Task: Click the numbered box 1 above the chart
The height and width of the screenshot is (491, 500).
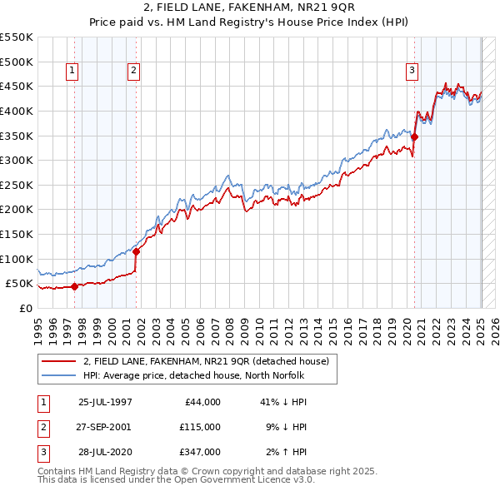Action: tap(73, 72)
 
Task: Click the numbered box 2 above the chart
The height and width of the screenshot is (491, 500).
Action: tap(133, 72)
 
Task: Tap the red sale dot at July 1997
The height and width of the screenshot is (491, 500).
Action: tap(74, 286)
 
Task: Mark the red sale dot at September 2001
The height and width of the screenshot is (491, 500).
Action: tap(136, 251)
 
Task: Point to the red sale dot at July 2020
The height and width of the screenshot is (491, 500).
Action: tap(414, 137)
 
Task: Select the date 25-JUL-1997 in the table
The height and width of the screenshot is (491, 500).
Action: tap(105, 402)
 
